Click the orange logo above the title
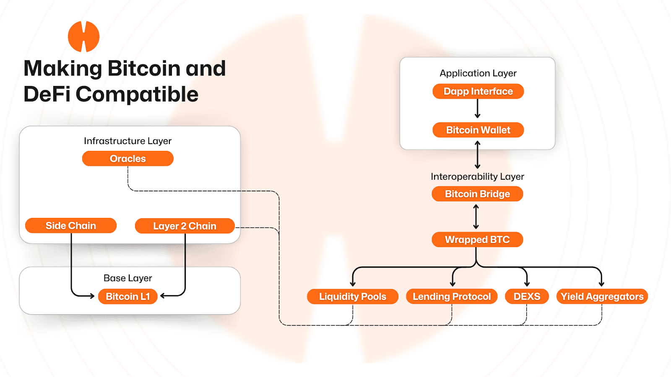(84, 37)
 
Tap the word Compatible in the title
(137, 94)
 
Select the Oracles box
(127, 159)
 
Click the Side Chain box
(71, 226)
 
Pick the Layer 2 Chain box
(185, 226)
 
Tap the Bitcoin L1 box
(127, 297)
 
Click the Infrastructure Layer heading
(127, 141)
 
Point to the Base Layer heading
(127, 278)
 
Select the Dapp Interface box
(478, 91)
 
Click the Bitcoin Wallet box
(478, 130)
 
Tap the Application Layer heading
(478, 73)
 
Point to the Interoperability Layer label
(477, 177)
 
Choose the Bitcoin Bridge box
(477, 194)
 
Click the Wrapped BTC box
(477, 240)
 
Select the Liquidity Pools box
(352, 297)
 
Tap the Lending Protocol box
(452, 297)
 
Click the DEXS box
(527, 297)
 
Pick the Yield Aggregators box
(602, 297)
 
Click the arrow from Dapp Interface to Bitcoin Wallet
(477, 109)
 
